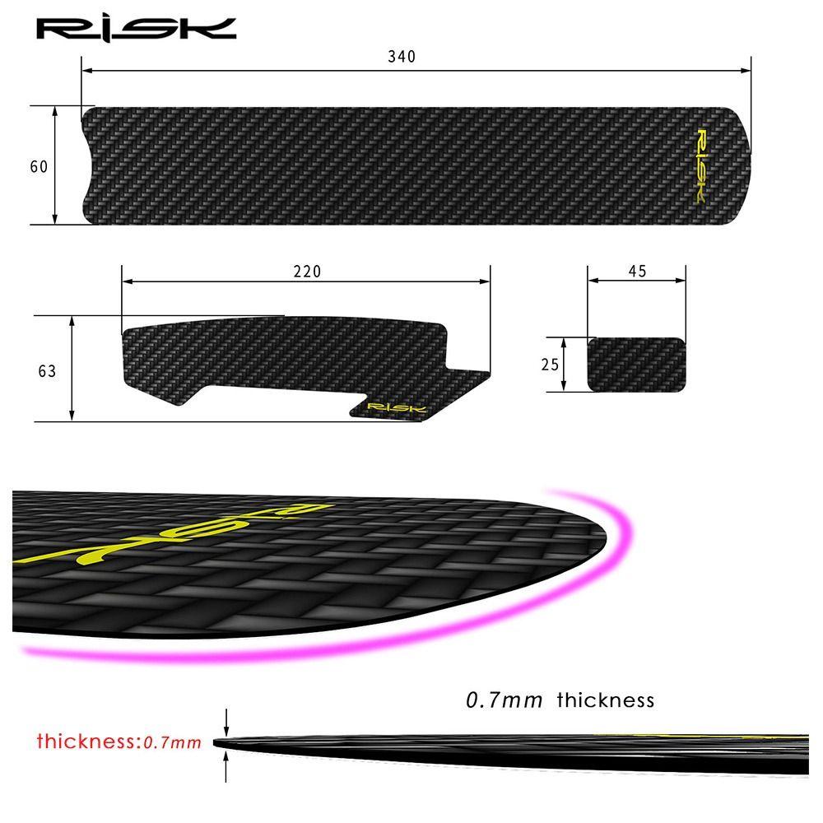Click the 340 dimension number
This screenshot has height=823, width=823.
(x=402, y=57)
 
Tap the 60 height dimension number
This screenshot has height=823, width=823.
(x=38, y=166)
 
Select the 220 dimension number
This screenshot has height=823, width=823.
(x=307, y=272)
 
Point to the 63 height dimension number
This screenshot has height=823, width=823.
(x=47, y=371)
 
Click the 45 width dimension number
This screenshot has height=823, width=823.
(x=636, y=272)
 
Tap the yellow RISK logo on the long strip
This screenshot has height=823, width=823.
(x=700, y=165)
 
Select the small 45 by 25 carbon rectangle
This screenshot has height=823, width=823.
(x=635, y=364)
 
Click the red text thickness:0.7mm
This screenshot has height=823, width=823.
(x=119, y=742)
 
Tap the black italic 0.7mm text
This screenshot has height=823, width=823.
(x=504, y=700)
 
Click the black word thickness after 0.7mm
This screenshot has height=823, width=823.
(x=605, y=700)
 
